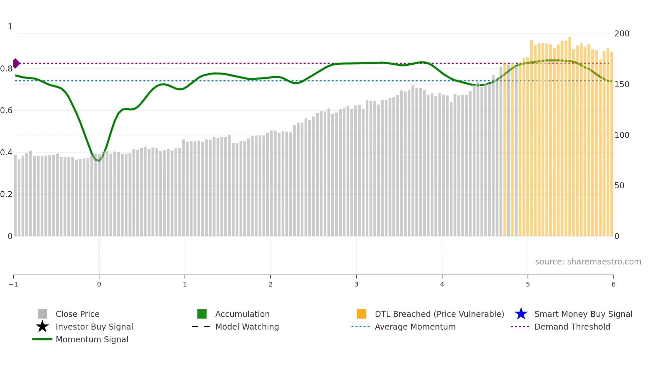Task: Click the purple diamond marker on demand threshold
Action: (x=16, y=63)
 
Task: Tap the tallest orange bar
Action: (x=570, y=38)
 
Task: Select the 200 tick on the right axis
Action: (x=622, y=34)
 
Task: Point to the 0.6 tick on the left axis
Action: (x=6, y=111)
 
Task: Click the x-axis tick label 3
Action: (x=356, y=284)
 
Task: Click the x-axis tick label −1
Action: (x=13, y=284)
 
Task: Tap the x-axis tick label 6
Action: (x=613, y=284)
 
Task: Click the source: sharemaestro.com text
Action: (x=588, y=262)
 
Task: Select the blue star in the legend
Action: (x=521, y=314)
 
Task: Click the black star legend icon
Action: (x=42, y=327)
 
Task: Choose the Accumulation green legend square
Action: (x=202, y=314)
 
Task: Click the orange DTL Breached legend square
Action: (x=361, y=314)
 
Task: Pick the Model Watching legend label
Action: (x=247, y=327)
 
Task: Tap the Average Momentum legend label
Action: (x=415, y=327)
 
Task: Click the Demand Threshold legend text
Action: (x=572, y=327)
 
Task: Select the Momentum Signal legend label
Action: (x=92, y=339)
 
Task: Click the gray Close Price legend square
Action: (x=42, y=314)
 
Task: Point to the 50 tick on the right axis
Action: (x=619, y=186)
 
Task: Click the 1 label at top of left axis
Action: (x=10, y=27)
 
